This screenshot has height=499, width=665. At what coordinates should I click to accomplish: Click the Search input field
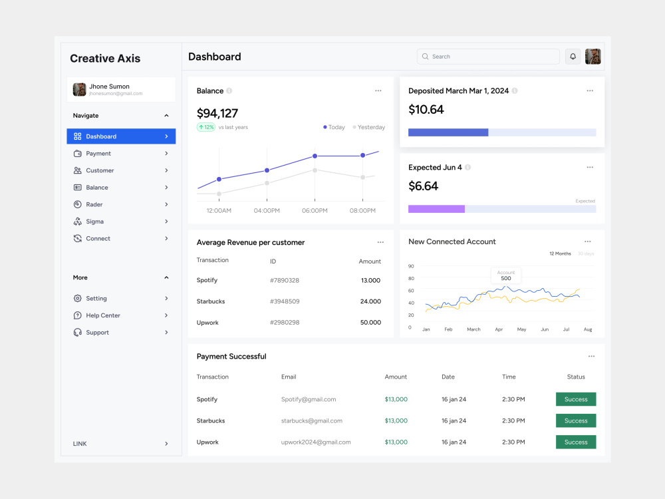pyautogui.click(x=488, y=57)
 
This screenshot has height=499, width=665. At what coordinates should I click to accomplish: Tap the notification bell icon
pyautogui.click(x=573, y=57)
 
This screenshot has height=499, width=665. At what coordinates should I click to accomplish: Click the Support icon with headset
pyautogui.click(x=78, y=333)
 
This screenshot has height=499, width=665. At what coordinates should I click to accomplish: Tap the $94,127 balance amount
pyautogui.click(x=217, y=113)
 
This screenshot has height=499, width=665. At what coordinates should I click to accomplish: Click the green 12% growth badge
pyautogui.click(x=206, y=127)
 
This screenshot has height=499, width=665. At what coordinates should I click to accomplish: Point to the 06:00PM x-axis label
pyautogui.click(x=315, y=210)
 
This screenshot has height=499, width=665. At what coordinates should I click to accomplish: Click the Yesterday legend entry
pyautogui.click(x=369, y=127)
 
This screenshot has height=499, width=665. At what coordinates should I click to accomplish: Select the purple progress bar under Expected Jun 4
pyautogui.click(x=436, y=209)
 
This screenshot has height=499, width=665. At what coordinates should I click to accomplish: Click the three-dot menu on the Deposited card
pyautogui.click(x=590, y=90)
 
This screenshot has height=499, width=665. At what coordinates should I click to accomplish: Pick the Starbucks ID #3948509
pyautogui.click(x=285, y=301)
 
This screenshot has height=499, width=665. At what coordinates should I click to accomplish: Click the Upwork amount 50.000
pyautogui.click(x=370, y=323)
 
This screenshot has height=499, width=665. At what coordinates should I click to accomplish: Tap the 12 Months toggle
pyautogui.click(x=560, y=253)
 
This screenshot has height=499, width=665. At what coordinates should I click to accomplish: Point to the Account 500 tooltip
pyautogui.click(x=506, y=276)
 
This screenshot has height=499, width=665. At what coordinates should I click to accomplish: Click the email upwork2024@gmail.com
pyautogui.click(x=316, y=442)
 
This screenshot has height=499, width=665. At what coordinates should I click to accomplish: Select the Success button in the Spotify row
pyautogui.click(x=576, y=399)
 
